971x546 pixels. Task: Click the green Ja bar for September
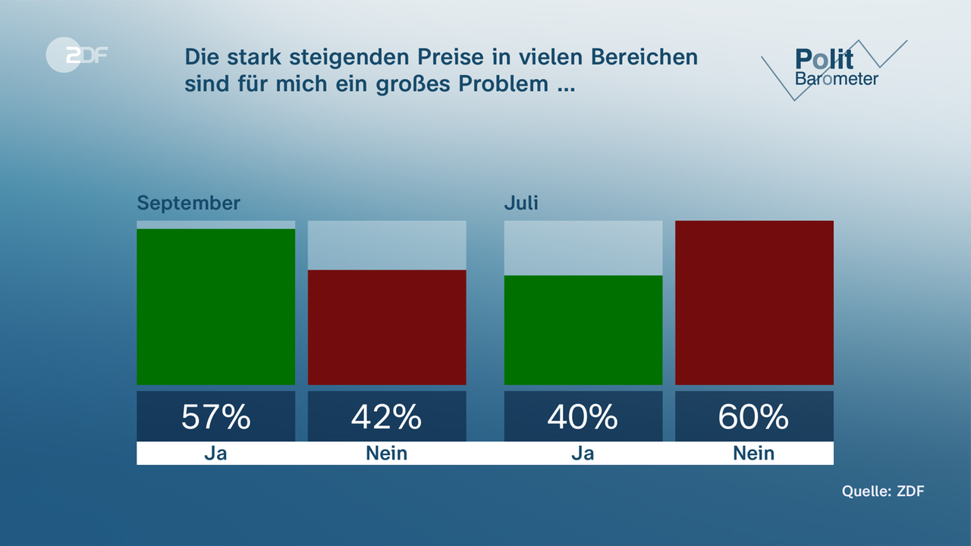(215, 306)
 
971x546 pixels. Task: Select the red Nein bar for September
(387, 327)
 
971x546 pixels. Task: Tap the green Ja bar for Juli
(583, 330)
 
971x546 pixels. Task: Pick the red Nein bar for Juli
(754, 303)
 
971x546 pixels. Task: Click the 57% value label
(215, 416)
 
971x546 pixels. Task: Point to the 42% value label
(387, 416)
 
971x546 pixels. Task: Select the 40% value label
(583, 416)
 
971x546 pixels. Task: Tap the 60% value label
(754, 416)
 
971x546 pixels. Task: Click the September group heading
(188, 203)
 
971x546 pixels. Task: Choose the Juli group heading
(521, 203)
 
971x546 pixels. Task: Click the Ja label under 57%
(215, 453)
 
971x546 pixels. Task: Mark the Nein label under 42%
(387, 453)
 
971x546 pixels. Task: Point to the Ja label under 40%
(583, 453)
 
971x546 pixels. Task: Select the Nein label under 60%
(754, 453)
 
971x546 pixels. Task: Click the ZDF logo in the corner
(76, 55)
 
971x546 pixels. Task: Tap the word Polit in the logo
(824, 59)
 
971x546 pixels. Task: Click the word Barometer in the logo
(836, 79)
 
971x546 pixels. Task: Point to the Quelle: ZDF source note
(883, 491)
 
